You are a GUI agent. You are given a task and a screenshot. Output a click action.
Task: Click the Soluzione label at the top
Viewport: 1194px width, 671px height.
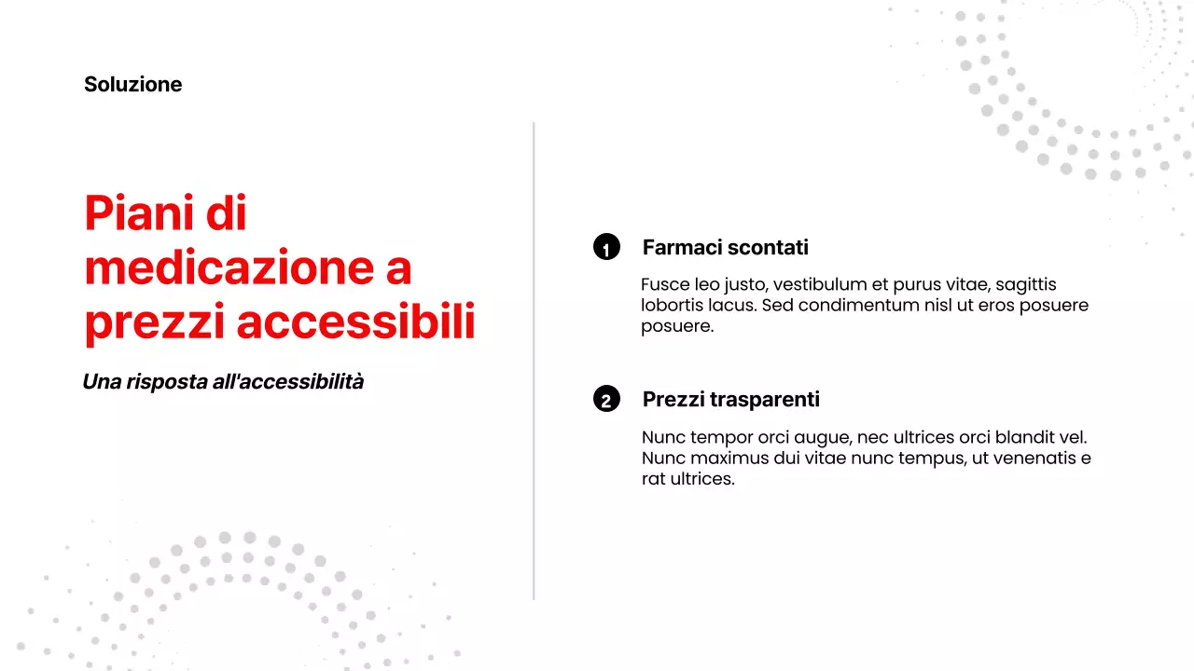[x=132, y=84]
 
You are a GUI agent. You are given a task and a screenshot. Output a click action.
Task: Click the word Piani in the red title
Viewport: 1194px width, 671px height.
[x=137, y=213]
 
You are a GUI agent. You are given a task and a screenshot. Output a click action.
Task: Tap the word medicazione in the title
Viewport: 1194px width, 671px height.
[x=229, y=267]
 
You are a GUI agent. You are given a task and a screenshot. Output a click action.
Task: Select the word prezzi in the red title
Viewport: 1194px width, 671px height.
[x=154, y=322]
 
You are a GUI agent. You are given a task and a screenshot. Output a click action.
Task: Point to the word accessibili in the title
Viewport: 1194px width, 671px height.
[x=355, y=322]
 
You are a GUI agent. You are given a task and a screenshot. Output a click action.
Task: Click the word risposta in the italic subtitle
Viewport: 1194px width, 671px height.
[x=167, y=382]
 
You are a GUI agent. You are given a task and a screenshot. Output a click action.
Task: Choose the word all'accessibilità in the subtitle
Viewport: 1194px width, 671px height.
[x=288, y=381]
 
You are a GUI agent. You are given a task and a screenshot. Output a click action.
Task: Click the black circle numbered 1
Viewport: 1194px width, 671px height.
[x=606, y=247]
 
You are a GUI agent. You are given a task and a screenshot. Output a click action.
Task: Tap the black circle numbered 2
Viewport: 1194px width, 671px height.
[x=606, y=399]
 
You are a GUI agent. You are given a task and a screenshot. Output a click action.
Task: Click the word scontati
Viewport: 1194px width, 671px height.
[x=768, y=247]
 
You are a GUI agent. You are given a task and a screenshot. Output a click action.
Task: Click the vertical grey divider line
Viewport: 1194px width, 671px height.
[x=534, y=361]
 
